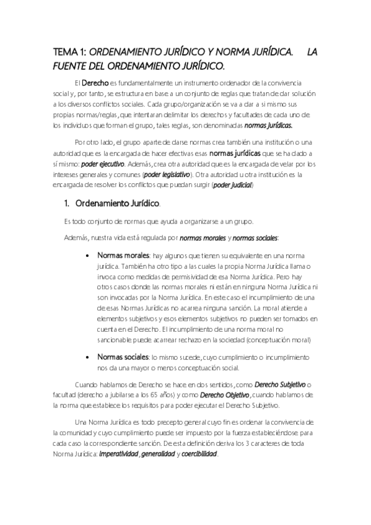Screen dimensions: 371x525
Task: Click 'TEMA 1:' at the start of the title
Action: [72, 54]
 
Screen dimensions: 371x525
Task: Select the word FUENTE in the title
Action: [73, 66]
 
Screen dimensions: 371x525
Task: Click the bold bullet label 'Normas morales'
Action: [123, 256]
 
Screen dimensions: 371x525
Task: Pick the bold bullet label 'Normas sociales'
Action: [123, 357]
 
